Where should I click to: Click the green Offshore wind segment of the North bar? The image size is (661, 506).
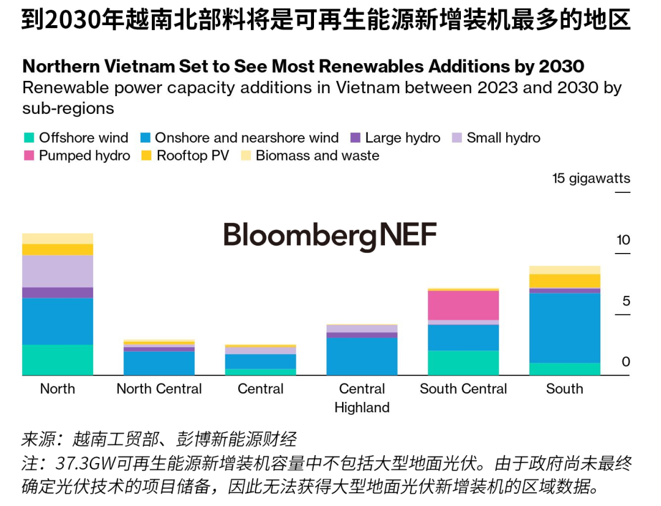(x=58, y=360)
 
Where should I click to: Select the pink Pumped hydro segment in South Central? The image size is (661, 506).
(x=463, y=305)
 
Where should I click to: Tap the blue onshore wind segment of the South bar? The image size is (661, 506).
(x=565, y=328)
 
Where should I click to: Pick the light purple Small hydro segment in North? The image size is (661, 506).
(x=58, y=271)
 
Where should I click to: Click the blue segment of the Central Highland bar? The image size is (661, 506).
(x=362, y=356)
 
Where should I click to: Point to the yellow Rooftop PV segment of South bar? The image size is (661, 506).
(x=565, y=281)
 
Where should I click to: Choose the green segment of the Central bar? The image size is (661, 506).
(x=261, y=372)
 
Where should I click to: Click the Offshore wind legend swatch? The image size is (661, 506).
(x=28, y=138)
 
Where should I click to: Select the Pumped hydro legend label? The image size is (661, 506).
(x=84, y=156)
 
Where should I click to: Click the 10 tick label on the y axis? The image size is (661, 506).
(x=623, y=240)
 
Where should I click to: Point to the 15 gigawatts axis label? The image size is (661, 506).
(x=591, y=179)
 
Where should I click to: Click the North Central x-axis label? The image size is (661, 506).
(x=159, y=389)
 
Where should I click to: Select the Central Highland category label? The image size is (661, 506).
(x=362, y=398)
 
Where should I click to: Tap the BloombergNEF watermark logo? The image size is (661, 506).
(x=330, y=236)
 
